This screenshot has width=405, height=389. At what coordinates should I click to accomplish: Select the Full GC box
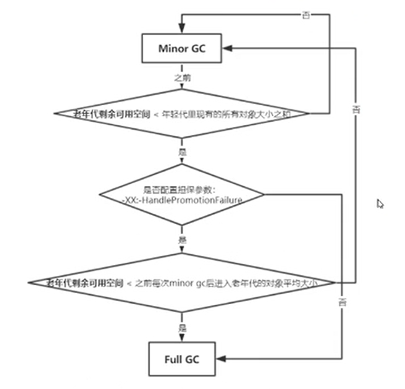[182, 360]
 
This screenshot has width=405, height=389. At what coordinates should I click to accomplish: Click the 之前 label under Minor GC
[183, 77]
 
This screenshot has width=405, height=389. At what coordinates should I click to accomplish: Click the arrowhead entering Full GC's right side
[221, 360]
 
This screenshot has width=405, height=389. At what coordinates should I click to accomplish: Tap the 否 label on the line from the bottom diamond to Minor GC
[357, 110]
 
